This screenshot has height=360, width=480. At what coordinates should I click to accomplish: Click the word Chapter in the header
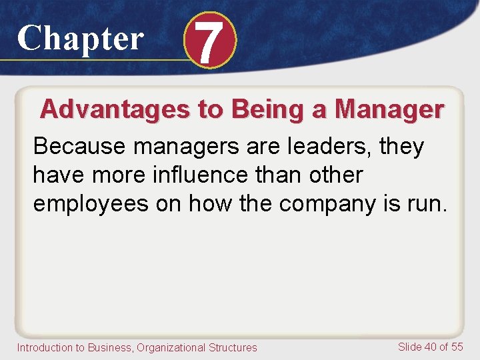(80, 38)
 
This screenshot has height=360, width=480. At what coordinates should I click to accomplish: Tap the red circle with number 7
(209, 41)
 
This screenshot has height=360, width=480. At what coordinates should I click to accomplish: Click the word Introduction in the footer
(43, 347)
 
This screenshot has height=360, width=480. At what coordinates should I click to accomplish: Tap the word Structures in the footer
(234, 347)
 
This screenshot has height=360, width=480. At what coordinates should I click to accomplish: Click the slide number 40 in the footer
(430, 347)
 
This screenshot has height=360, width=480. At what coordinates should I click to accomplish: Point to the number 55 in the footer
(457, 347)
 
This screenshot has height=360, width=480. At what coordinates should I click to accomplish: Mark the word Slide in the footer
(409, 347)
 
